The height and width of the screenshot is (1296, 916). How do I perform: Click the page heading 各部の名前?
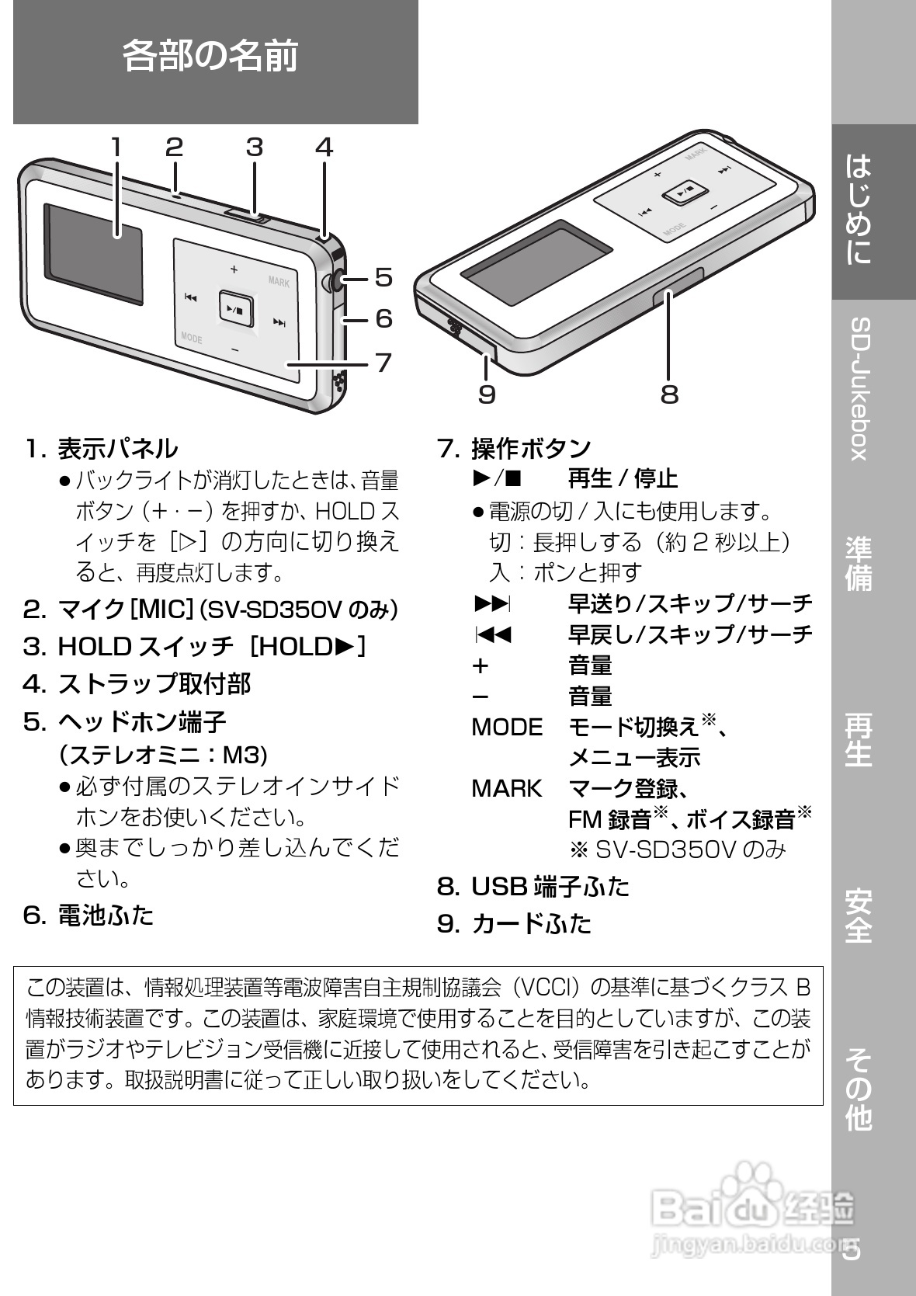pos(210,57)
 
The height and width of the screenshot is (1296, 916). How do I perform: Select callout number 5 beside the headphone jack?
pos(383,277)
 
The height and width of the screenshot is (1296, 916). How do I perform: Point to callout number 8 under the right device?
pos(669,394)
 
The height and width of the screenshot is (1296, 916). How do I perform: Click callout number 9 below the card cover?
pos(487,394)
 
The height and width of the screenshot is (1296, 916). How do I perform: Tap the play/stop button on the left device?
pos(235,309)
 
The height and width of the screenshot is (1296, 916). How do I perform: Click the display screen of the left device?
pos(94,253)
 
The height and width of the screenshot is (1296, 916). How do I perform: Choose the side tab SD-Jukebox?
pos(859,388)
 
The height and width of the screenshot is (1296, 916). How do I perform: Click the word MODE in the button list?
pos(507,728)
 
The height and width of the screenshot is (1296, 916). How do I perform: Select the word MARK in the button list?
pos(507,789)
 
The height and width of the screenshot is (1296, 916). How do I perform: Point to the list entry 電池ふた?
pos(106,916)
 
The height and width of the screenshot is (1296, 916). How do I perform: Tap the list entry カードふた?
pos(531,923)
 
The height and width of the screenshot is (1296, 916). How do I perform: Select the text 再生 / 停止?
pos(623,479)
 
